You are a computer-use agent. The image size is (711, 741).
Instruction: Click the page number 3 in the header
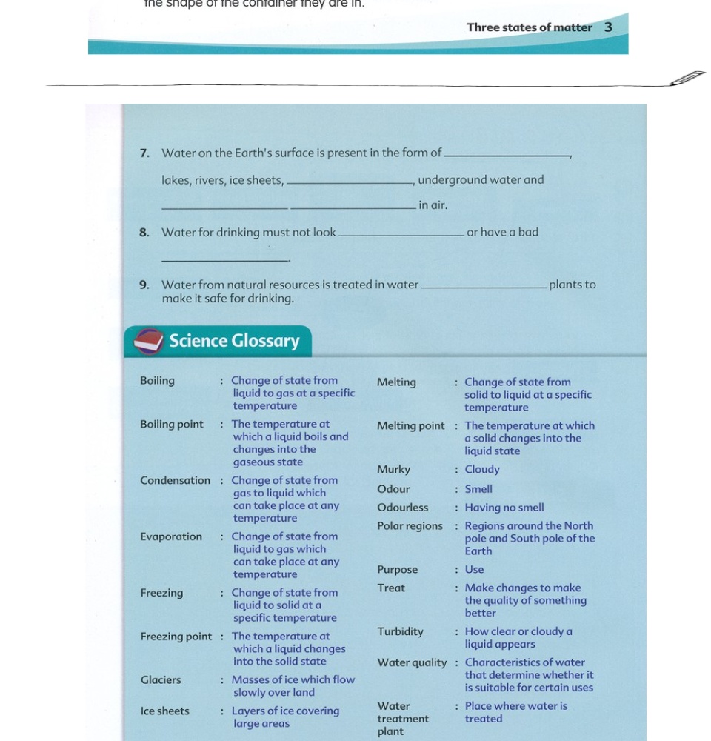click(x=608, y=27)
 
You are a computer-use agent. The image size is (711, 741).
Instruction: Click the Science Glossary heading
click(x=234, y=341)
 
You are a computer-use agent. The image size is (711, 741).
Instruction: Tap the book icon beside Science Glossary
click(x=148, y=342)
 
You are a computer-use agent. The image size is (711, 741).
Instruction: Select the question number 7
click(x=144, y=153)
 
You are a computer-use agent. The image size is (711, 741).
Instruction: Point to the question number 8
click(x=144, y=233)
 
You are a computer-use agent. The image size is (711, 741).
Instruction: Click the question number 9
click(x=144, y=285)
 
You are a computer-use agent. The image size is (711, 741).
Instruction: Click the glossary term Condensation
click(x=175, y=481)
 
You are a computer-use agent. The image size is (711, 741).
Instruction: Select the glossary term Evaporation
click(x=171, y=537)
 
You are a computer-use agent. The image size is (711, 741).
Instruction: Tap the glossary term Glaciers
click(x=161, y=680)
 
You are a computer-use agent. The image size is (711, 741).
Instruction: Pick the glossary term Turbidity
click(x=400, y=632)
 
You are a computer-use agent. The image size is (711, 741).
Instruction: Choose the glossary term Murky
click(x=393, y=470)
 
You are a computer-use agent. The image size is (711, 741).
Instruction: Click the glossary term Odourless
click(x=402, y=508)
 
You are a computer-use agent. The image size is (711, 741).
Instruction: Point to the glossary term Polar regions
click(x=410, y=526)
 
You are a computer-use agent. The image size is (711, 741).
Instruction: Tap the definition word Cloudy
click(x=482, y=470)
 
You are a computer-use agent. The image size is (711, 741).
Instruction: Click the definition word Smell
click(x=478, y=489)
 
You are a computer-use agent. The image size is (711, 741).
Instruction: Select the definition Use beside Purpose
click(x=474, y=570)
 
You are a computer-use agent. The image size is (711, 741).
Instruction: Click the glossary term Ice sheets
click(x=164, y=711)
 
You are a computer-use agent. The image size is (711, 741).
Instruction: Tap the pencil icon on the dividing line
click(x=687, y=79)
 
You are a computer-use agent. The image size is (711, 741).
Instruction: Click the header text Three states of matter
click(x=529, y=27)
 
